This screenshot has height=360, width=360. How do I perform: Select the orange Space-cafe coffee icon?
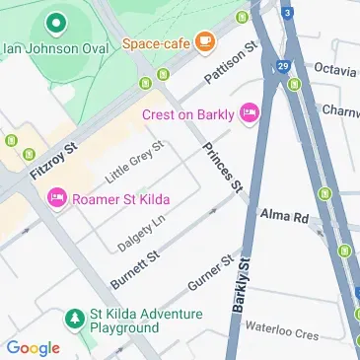click(204, 41)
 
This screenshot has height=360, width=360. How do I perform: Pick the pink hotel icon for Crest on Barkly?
click(250, 112)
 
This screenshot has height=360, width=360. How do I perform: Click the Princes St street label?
click(222, 166)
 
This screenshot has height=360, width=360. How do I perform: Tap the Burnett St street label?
click(134, 268)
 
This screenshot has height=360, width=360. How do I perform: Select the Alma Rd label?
click(285, 214)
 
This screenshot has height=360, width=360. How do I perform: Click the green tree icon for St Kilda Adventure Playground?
click(73, 320)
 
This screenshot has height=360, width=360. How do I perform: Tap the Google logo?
click(34, 347)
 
